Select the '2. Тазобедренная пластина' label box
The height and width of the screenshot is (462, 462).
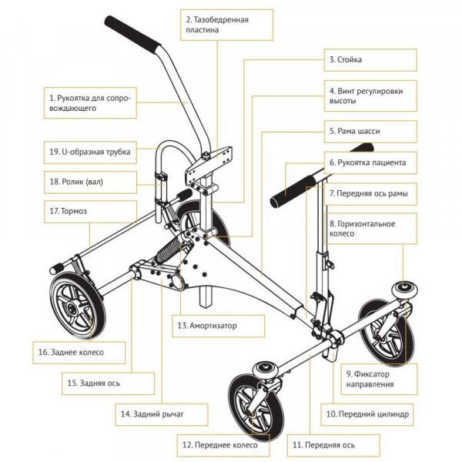(x=226, y=23)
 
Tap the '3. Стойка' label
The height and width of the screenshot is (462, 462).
(x=370, y=59)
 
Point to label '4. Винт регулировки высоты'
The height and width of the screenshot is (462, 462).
(x=370, y=95)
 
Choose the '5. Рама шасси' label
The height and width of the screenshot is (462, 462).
(x=370, y=132)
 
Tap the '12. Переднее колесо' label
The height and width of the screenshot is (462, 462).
(x=225, y=444)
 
